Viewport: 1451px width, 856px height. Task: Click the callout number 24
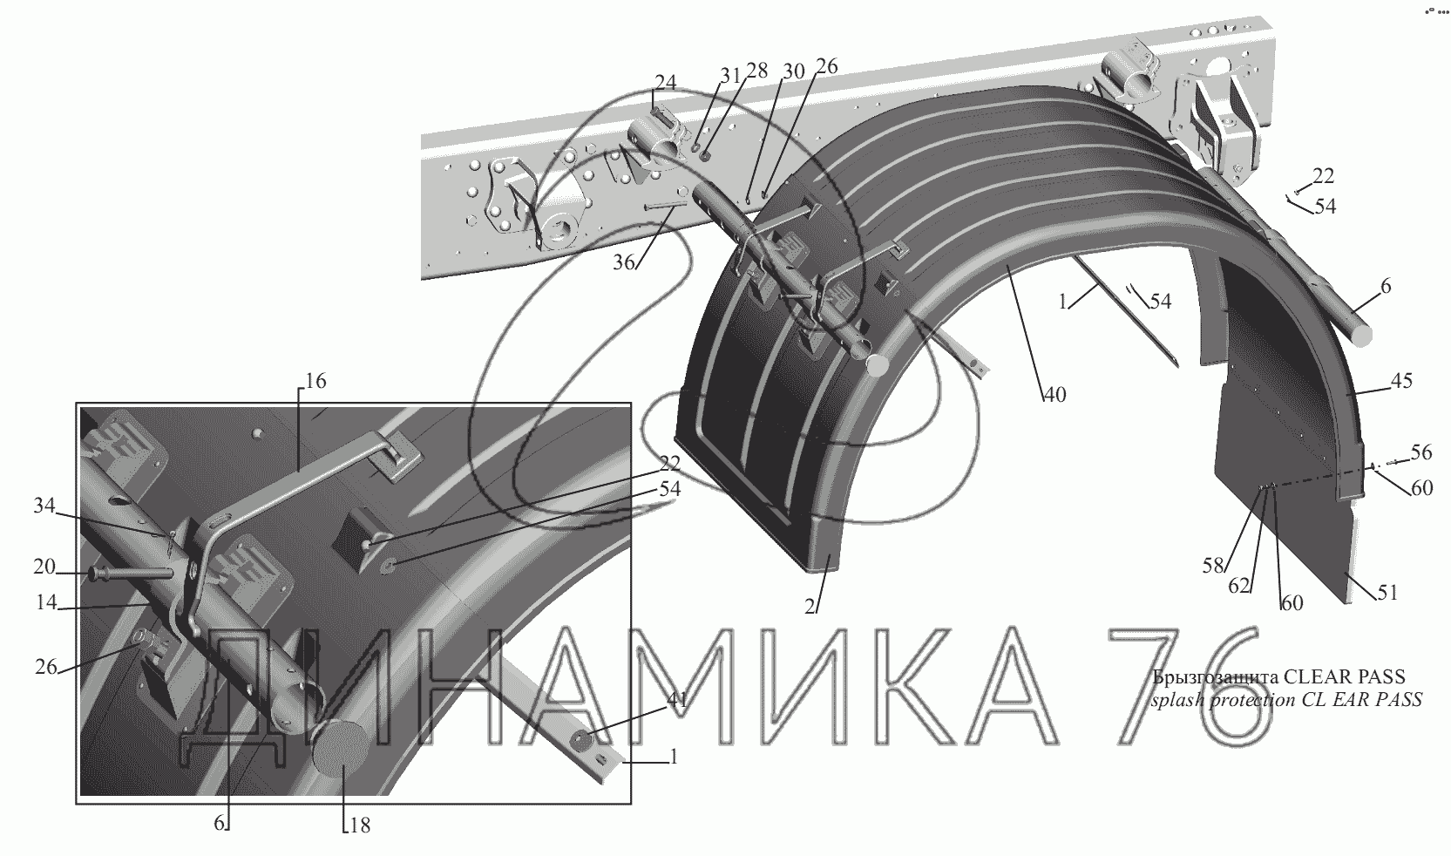click(666, 83)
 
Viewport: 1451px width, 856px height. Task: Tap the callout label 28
click(756, 71)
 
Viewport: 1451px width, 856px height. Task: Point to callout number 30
click(793, 71)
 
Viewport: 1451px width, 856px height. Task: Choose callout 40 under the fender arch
click(1054, 395)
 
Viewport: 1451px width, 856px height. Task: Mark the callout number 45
click(1401, 381)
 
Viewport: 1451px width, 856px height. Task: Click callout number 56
click(1421, 452)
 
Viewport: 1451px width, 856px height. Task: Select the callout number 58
click(1212, 566)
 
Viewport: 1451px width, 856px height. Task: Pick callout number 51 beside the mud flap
click(1387, 593)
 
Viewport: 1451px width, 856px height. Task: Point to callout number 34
click(44, 505)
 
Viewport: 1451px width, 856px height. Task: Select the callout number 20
click(44, 567)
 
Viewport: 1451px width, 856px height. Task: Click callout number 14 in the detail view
click(46, 602)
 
